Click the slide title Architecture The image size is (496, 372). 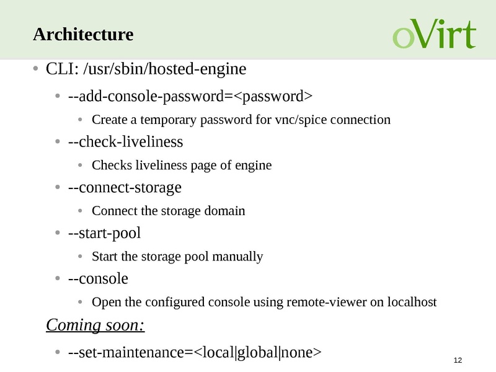coord(83,35)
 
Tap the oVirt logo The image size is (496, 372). coord(434,35)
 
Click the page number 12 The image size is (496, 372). coord(459,361)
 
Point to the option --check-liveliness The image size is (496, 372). coord(125,142)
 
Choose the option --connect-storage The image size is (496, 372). coord(125,187)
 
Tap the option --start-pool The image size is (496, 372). coord(104,233)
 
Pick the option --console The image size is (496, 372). coord(98,279)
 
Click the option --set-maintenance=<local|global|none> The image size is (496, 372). coord(195,353)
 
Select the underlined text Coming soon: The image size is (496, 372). coord(95,325)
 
